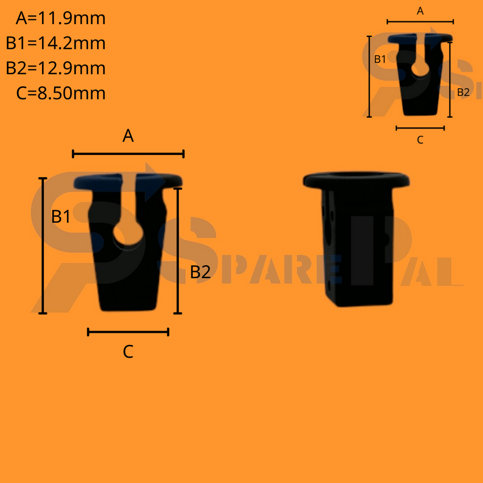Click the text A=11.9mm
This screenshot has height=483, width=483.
pos(60,19)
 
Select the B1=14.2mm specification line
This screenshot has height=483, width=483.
pos(56,43)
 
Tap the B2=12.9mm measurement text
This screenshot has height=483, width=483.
pos(56,68)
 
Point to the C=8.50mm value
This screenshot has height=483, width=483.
pos(60,93)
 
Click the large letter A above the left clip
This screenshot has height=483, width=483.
pos(128,136)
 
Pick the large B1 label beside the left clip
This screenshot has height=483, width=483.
pos(61,217)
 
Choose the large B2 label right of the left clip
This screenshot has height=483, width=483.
pos(200,272)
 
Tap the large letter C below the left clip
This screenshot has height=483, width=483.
pos(128,351)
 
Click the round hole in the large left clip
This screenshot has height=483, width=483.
pos(128,234)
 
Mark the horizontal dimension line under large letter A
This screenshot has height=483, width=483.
pos(128,154)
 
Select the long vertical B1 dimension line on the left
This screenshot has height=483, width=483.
pos(43,245)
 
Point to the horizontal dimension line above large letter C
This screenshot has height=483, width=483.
pos(128,332)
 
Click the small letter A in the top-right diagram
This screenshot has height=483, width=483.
pos(420,11)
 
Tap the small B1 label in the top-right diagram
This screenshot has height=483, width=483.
pos(380,59)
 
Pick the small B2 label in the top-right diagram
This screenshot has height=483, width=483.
pos(463,92)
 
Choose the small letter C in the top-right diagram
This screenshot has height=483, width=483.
pos(420,140)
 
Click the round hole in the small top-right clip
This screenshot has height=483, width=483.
pos(420,70)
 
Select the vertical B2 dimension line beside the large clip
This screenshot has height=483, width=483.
pos(178,250)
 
